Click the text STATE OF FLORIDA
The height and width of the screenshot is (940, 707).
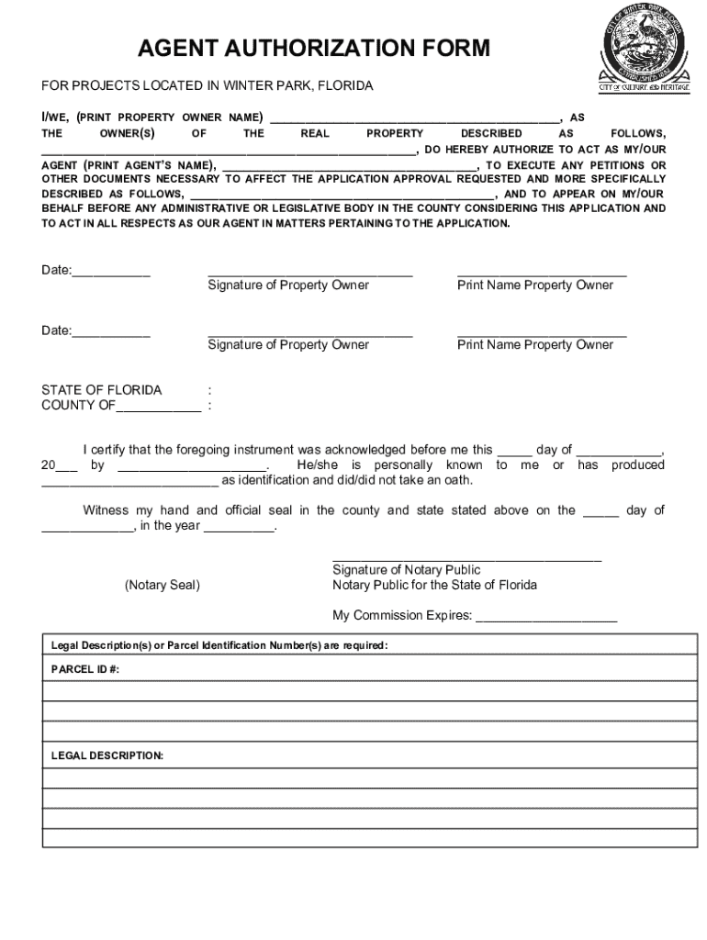[101, 390]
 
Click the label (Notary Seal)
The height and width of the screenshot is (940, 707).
[163, 585]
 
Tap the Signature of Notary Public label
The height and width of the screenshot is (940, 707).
[406, 570]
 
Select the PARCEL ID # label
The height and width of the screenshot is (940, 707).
[84, 670]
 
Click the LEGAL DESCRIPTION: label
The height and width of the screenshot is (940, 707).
[107, 755]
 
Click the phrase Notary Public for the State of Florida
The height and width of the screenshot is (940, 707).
[434, 585]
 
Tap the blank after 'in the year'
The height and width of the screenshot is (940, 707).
[238, 527]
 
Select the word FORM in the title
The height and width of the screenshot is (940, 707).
[450, 49]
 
